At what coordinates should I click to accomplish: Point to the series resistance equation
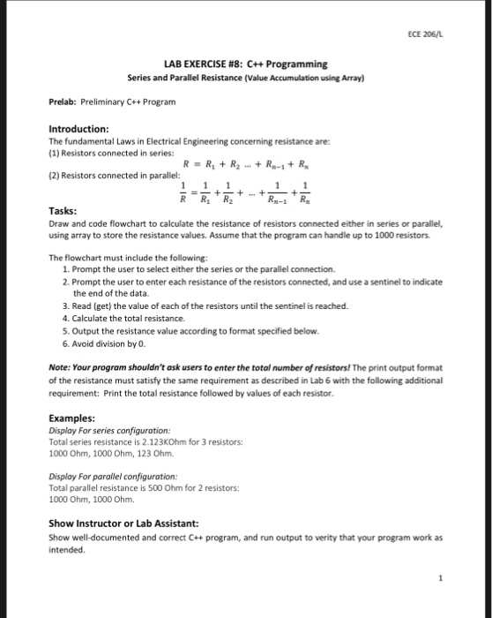[x=245, y=162]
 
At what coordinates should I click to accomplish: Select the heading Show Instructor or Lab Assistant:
[x=129, y=523]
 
